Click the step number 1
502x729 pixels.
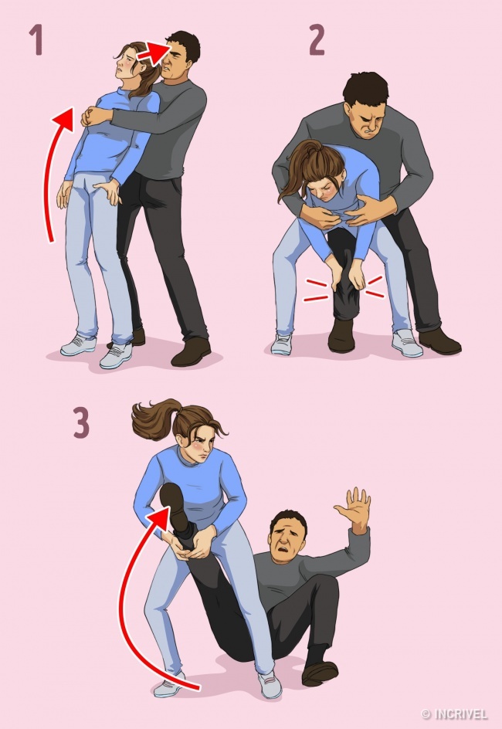point(35,42)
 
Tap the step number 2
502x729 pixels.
point(316,41)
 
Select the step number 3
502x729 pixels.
point(81,423)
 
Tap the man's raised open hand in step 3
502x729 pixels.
point(354,510)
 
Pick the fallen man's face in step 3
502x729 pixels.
point(288,541)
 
